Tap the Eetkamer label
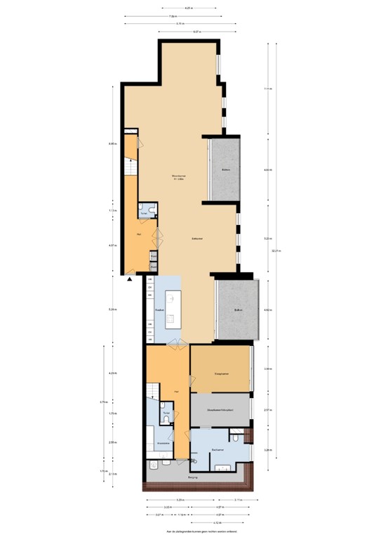[197, 239]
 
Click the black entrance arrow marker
[130, 279]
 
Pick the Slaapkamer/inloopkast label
[220, 409]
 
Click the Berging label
[193, 477]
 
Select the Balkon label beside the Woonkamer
[225, 169]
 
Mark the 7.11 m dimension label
[267, 89]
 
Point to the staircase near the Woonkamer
[129, 167]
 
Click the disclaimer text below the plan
[190, 533]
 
